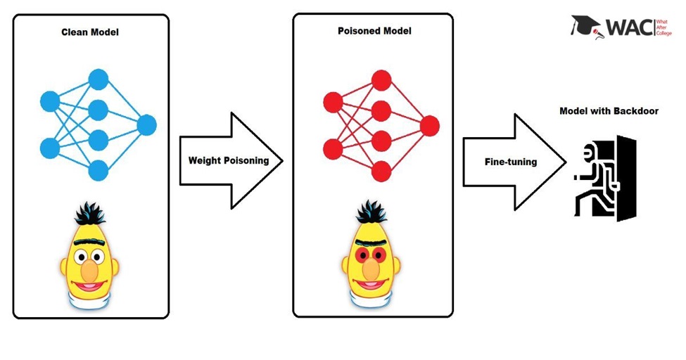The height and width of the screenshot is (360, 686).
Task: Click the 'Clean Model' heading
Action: point(90,33)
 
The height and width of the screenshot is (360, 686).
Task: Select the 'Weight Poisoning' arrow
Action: point(229,160)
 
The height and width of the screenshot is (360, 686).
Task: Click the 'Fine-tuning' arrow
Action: point(512,162)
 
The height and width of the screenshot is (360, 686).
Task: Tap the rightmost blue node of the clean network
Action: point(146,126)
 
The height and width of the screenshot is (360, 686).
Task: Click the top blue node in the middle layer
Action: point(98,79)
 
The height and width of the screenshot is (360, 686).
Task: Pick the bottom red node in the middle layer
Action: point(381,170)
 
